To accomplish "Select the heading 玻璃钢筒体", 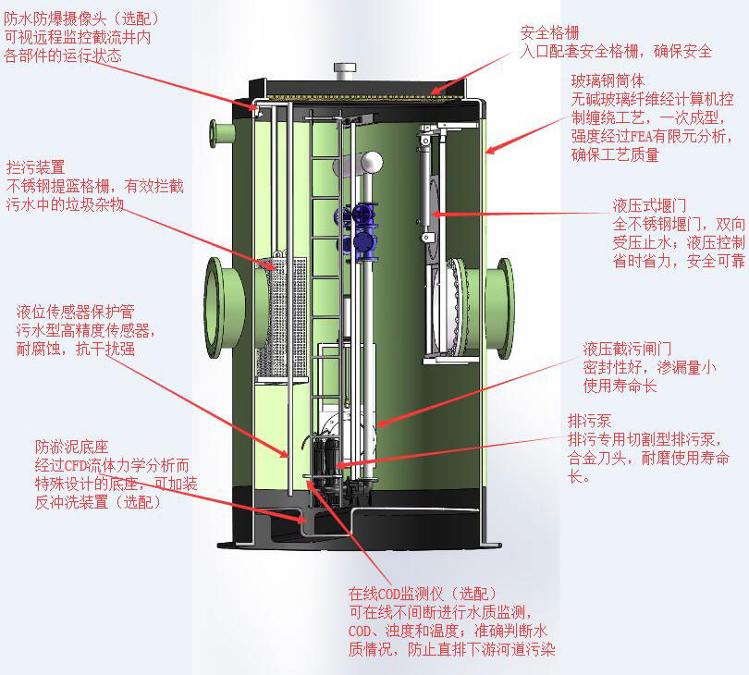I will [x=607, y=80].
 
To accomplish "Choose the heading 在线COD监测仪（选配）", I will [x=422, y=593].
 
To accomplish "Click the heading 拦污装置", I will [x=35, y=167].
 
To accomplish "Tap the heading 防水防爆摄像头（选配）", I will [x=80, y=18].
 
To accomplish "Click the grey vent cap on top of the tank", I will [x=345, y=70].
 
